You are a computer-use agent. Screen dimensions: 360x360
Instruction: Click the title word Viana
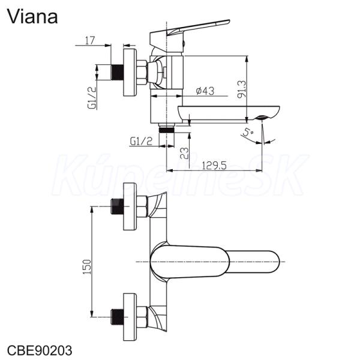pos(32,17)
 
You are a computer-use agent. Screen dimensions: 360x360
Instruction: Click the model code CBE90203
pos(40,350)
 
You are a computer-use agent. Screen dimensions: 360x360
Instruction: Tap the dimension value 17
pos(90,40)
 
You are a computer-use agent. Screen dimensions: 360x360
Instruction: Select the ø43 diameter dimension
pos(205,91)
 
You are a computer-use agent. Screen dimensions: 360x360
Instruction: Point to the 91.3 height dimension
pos(242,89)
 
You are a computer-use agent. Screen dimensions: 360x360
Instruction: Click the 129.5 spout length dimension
pos(214,166)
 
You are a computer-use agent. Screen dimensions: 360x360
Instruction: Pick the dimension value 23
pos(184,153)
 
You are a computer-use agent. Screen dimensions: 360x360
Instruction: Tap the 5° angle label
pos(248,133)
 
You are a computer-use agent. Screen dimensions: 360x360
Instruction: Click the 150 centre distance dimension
pos(87,266)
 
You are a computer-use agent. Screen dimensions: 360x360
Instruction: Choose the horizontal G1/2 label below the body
pos(141,141)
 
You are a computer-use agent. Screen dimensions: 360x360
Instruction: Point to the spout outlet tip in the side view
pos(262,118)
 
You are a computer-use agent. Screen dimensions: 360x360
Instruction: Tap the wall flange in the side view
pos(130,72)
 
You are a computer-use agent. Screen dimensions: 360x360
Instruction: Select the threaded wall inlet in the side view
pos(117,72)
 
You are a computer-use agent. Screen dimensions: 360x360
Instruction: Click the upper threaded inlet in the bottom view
pos(117,206)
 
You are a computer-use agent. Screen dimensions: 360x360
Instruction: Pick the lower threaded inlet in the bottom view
pos(117,317)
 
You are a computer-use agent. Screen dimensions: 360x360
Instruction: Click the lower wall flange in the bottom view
pos(130,317)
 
